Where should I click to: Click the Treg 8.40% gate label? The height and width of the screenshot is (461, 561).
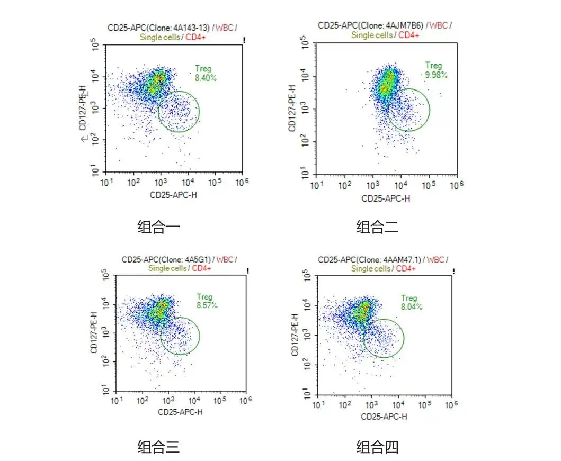(x=204, y=73)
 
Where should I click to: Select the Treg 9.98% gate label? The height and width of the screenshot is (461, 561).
(x=435, y=70)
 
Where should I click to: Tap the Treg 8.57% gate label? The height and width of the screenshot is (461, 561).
(x=206, y=301)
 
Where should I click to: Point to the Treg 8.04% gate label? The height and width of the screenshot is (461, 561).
(x=411, y=302)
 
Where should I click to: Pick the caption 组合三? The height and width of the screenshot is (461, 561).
(x=158, y=448)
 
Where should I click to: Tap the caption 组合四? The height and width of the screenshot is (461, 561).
(x=377, y=448)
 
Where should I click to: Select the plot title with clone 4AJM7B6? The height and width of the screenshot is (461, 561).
(x=385, y=30)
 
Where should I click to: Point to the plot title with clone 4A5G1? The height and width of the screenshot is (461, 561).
(x=179, y=264)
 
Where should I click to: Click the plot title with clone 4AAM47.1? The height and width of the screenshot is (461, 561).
(x=383, y=264)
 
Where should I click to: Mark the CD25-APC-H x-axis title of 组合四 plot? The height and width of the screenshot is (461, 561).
(x=384, y=417)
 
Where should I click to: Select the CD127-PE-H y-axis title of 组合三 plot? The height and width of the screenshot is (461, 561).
(x=94, y=333)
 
